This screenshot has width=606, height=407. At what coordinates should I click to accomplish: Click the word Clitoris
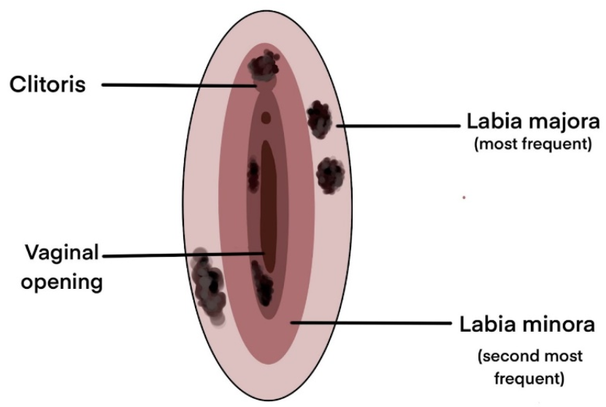click(47, 85)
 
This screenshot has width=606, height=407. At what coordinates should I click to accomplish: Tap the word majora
click(560, 120)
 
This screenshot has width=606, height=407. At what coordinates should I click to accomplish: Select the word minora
click(559, 322)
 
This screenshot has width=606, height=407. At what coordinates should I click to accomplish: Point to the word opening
click(61, 282)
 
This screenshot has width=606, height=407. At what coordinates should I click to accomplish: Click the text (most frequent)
click(532, 144)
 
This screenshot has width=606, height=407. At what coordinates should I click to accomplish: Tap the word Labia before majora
click(493, 120)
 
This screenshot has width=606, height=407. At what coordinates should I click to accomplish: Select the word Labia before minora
click(490, 322)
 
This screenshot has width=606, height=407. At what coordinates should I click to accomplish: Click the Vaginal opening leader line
click(183, 255)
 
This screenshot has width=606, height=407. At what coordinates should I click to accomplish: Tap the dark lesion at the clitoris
click(264, 67)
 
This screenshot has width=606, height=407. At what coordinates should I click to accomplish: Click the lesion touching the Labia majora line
click(319, 119)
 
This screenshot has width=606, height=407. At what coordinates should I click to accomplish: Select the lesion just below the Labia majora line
click(330, 174)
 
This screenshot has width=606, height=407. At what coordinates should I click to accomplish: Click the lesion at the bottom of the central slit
click(262, 285)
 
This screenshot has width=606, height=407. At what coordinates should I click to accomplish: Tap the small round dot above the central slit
click(266, 117)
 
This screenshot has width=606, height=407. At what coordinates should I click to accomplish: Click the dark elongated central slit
click(267, 204)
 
